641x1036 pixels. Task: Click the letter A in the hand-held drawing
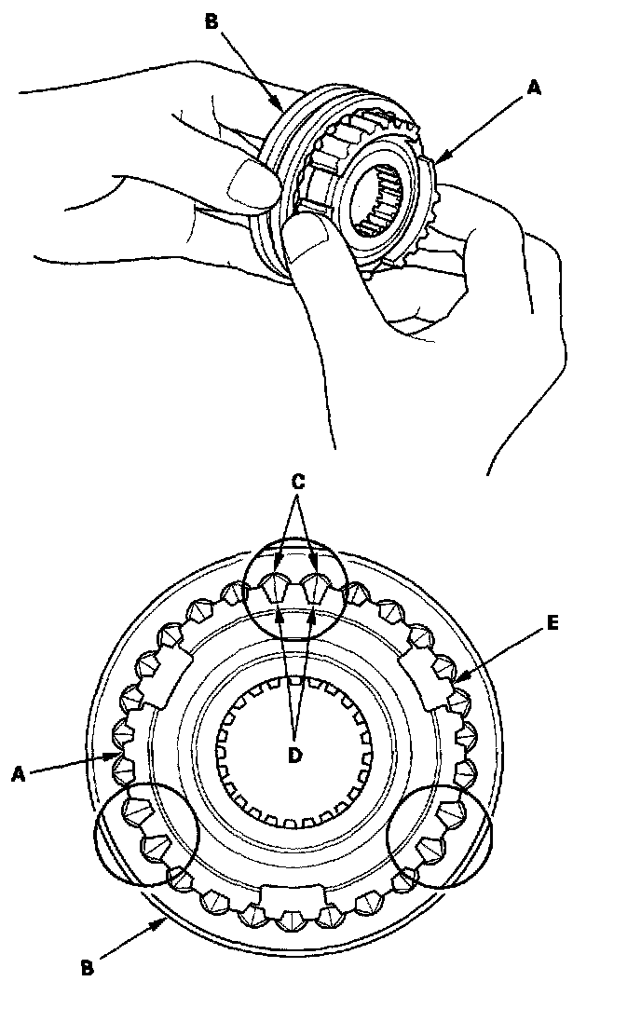(533, 89)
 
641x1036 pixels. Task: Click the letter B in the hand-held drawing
(211, 21)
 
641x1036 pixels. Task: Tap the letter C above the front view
(297, 483)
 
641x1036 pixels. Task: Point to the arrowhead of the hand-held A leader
(437, 159)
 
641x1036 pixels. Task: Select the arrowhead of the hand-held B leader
(279, 108)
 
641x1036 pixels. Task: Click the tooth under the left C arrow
(277, 587)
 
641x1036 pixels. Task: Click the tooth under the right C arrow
(317, 587)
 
